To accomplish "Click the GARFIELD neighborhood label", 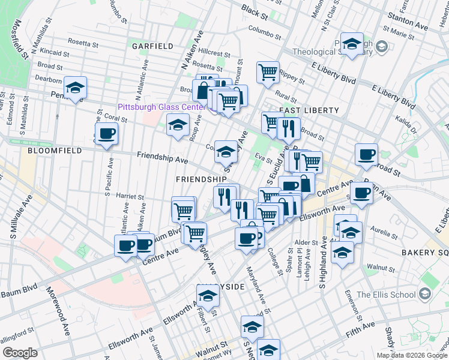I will click(x=152, y=46).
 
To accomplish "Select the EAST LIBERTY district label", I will click(x=309, y=111).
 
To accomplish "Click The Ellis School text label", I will click(x=386, y=294).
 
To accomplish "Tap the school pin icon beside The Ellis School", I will click(x=426, y=294).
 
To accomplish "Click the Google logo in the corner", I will click(x=20, y=352).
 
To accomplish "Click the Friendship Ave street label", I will click(x=162, y=158).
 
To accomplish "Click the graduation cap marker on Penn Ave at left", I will click(x=75, y=88).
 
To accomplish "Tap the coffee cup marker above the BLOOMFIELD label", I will click(x=106, y=134).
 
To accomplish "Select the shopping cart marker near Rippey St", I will click(x=268, y=71).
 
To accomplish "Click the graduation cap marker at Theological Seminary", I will click(x=351, y=44).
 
